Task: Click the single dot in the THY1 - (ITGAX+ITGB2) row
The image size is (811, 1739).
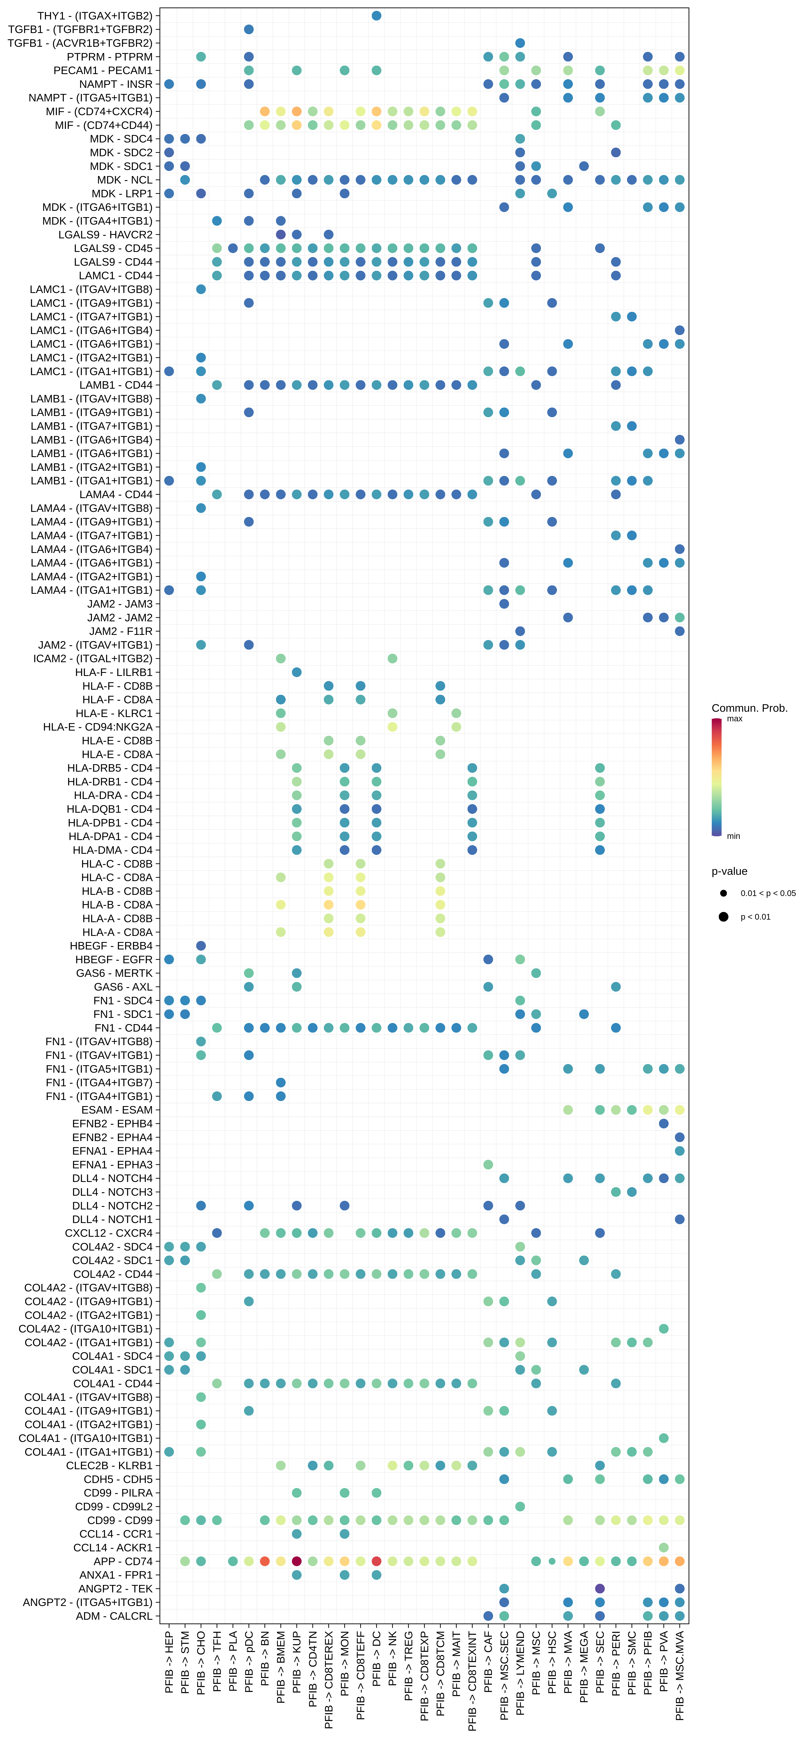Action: tap(376, 16)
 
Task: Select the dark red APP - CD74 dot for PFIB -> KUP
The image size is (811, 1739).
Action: tap(296, 1561)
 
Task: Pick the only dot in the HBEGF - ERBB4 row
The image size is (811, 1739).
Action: tap(201, 946)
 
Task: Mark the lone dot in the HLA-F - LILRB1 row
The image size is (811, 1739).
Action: tap(296, 672)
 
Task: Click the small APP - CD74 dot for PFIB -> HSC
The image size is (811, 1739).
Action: tap(552, 1561)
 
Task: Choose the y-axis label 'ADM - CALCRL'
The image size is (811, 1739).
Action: tap(114, 1616)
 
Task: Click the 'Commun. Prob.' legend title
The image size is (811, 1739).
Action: tap(749, 708)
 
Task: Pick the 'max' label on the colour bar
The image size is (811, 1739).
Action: tap(735, 719)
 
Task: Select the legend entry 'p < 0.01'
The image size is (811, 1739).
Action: tap(755, 917)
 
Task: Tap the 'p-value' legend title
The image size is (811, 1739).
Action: tap(729, 871)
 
